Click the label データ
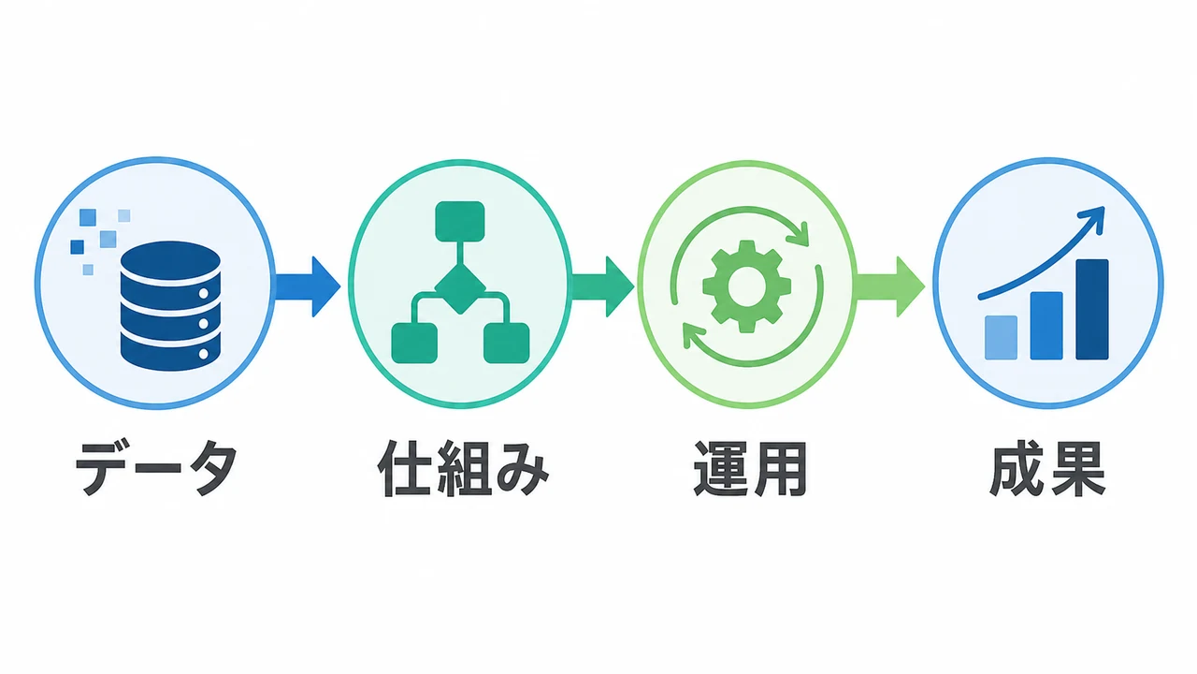156,468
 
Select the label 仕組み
463,469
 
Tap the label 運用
749,469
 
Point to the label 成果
1046,469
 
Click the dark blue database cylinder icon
170,305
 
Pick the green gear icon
746,286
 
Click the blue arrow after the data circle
308,286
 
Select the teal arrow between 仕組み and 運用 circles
603,286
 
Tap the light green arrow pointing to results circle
891,286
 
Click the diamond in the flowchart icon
460,288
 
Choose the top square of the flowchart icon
460,222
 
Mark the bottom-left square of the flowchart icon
414,343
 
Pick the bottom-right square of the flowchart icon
507,343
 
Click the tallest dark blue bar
1092,310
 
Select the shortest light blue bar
1001,338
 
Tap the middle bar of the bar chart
1046,326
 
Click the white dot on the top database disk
204,294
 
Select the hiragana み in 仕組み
523,470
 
